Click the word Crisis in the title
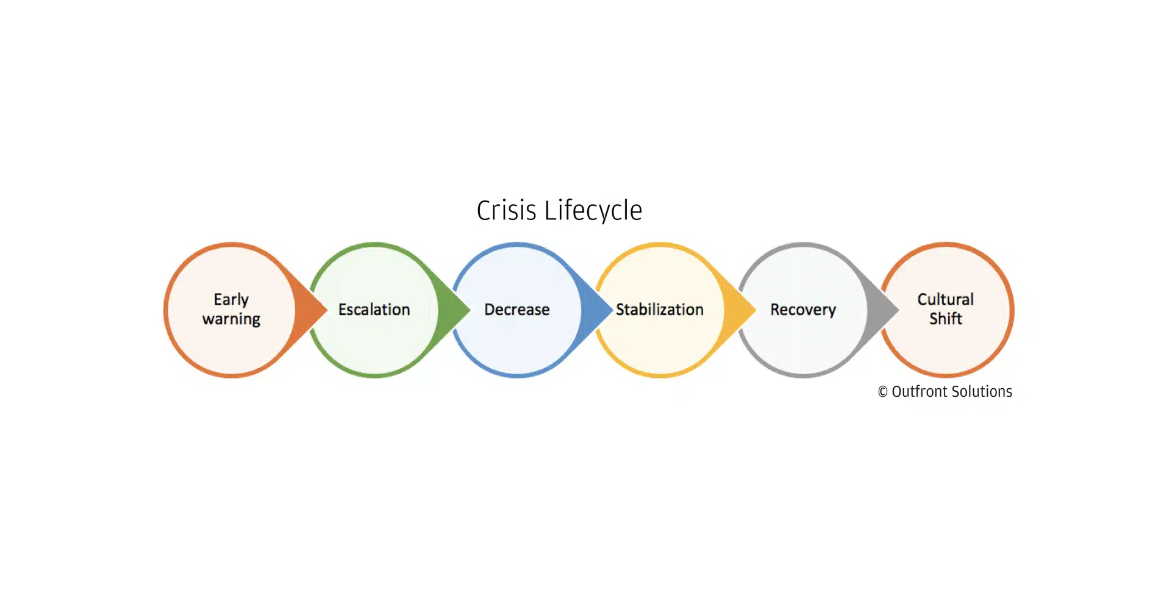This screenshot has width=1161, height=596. pos(506,211)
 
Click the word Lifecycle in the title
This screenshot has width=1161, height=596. pos(593,211)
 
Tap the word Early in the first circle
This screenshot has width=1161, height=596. pos(231,299)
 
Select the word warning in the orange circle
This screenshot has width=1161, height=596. pos(231,319)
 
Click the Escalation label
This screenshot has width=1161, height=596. pos(374,310)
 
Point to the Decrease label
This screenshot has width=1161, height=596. pos(516,310)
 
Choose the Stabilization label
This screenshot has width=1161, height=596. pos(659,310)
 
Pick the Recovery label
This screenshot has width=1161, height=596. pos(802,310)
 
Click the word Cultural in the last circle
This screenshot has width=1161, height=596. pos(945,299)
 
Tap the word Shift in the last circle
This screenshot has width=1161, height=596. pos(945,318)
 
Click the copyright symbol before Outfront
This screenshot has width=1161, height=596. pos(882,392)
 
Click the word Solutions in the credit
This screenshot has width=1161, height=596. pos(982,391)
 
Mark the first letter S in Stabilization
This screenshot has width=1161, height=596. pos(620,310)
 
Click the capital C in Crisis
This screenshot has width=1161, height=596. pos(483,211)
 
